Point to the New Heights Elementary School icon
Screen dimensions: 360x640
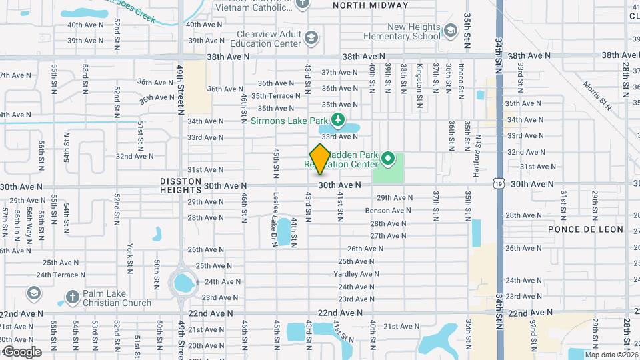451,31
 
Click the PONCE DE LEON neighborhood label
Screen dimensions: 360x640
585,229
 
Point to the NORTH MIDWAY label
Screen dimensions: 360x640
370,5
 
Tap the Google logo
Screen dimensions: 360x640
21,352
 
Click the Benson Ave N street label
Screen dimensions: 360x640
384,211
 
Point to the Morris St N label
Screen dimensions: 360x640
597,95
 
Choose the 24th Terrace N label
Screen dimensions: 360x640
62,275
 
